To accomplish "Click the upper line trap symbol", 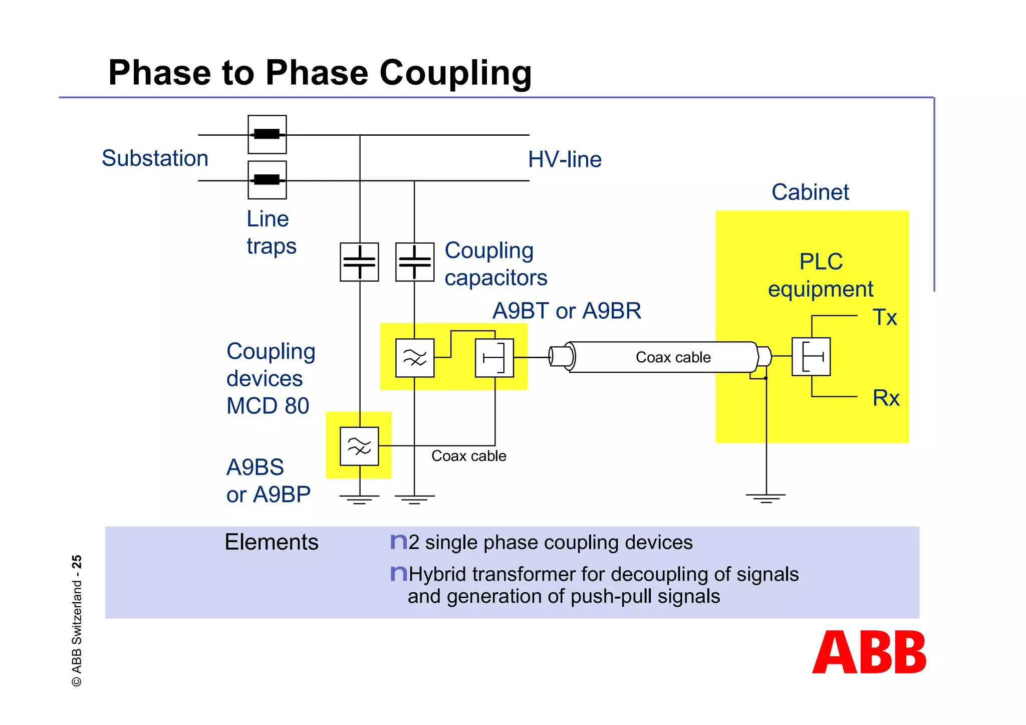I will [267, 134].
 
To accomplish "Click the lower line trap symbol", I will [267, 180].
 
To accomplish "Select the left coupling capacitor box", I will [359, 262].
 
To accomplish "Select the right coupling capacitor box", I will [414, 262].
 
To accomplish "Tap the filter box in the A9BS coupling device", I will [359, 446].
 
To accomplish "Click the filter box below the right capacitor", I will [414, 358].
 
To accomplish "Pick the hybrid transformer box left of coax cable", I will [494, 358].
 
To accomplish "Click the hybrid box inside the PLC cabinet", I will [811, 357].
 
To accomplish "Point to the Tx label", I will [884, 318].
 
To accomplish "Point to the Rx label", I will [886, 398].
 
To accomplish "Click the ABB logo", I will [869, 652].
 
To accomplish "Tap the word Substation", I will [155, 158].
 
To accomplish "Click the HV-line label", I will [565, 160].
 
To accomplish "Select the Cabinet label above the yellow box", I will [810, 192].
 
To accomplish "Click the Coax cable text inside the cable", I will [673, 357].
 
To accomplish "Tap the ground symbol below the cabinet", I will [765, 498].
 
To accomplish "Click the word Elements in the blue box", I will [271, 542].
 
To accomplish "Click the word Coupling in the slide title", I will [455, 73].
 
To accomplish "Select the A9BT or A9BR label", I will [567, 311].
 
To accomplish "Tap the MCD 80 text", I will [268, 406].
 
